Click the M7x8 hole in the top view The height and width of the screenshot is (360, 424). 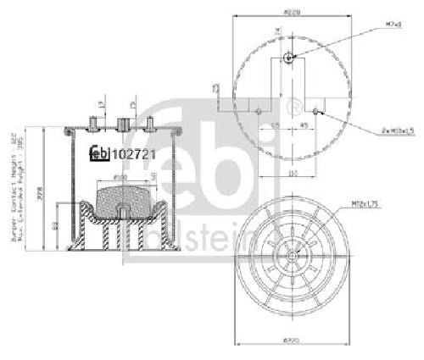pyautogui.click(x=289, y=58)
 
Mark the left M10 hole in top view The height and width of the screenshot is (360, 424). pyautogui.click(x=257, y=110)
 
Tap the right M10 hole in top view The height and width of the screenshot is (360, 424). pyautogui.click(x=315, y=110)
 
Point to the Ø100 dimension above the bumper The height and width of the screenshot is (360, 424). pyautogui.click(x=120, y=178)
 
